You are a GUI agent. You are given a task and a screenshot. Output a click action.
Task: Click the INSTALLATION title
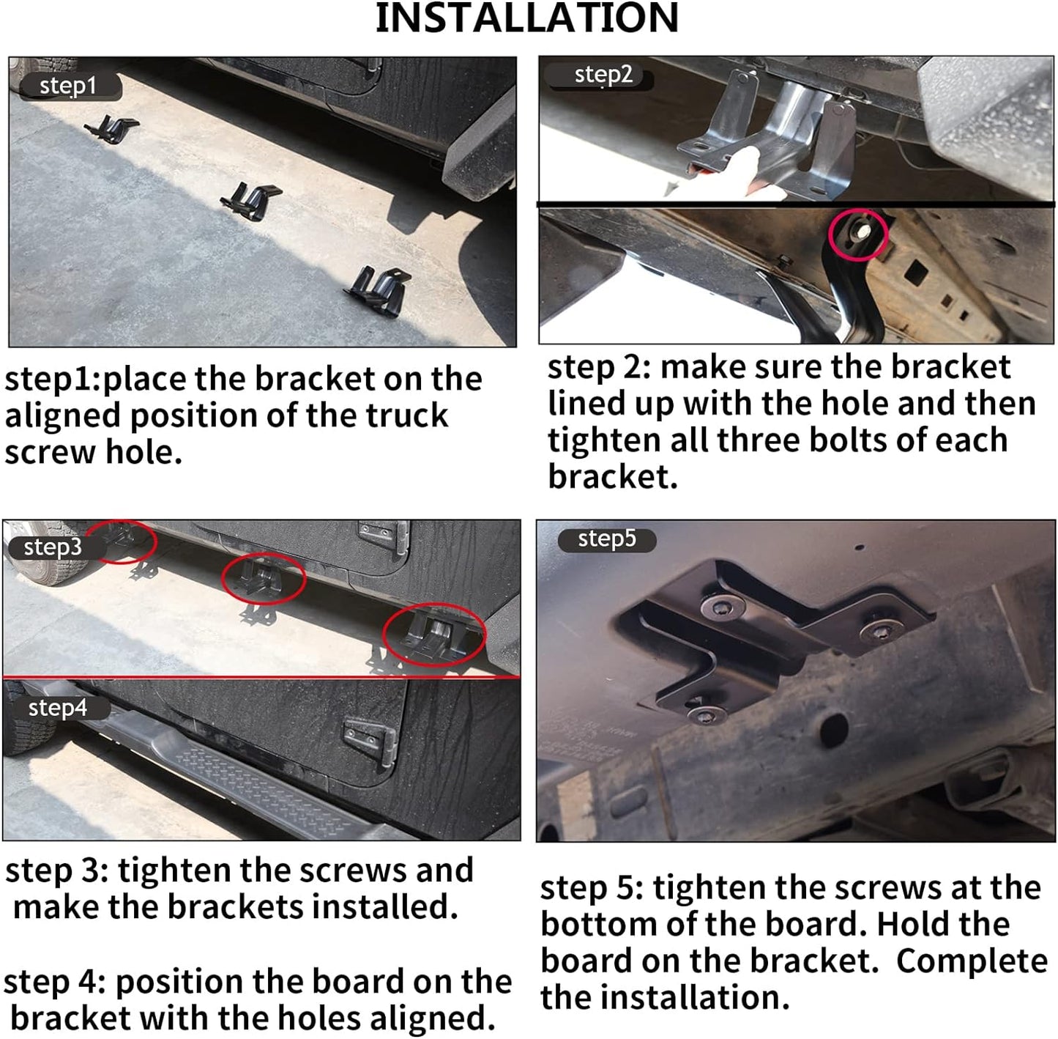(526, 18)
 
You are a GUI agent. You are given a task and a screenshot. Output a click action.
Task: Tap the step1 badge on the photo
(70, 86)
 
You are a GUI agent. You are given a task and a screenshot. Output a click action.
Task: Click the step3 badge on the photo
(55, 547)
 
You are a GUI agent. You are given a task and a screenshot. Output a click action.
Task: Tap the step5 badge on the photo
(607, 539)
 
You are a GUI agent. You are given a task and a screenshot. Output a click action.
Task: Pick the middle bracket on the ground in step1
(251, 201)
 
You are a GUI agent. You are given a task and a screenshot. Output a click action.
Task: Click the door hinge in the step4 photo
(370, 742)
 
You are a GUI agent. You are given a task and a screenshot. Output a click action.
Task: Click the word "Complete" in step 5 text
(972, 961)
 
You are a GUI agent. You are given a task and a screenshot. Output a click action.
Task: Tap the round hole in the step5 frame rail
(834, 728)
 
